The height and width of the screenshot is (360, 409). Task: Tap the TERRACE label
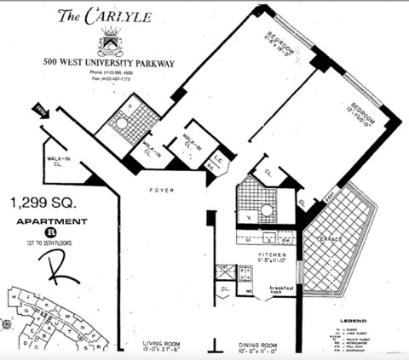pyautogui.click(x=329, y=239)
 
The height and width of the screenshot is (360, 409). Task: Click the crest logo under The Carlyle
pyautogui.click(x=111, y=42)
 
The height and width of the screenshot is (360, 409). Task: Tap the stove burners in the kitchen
pyautogui.click(x=245, y=274)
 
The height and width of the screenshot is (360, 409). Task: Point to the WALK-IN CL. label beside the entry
pyautogui.click(x=56, y=162)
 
